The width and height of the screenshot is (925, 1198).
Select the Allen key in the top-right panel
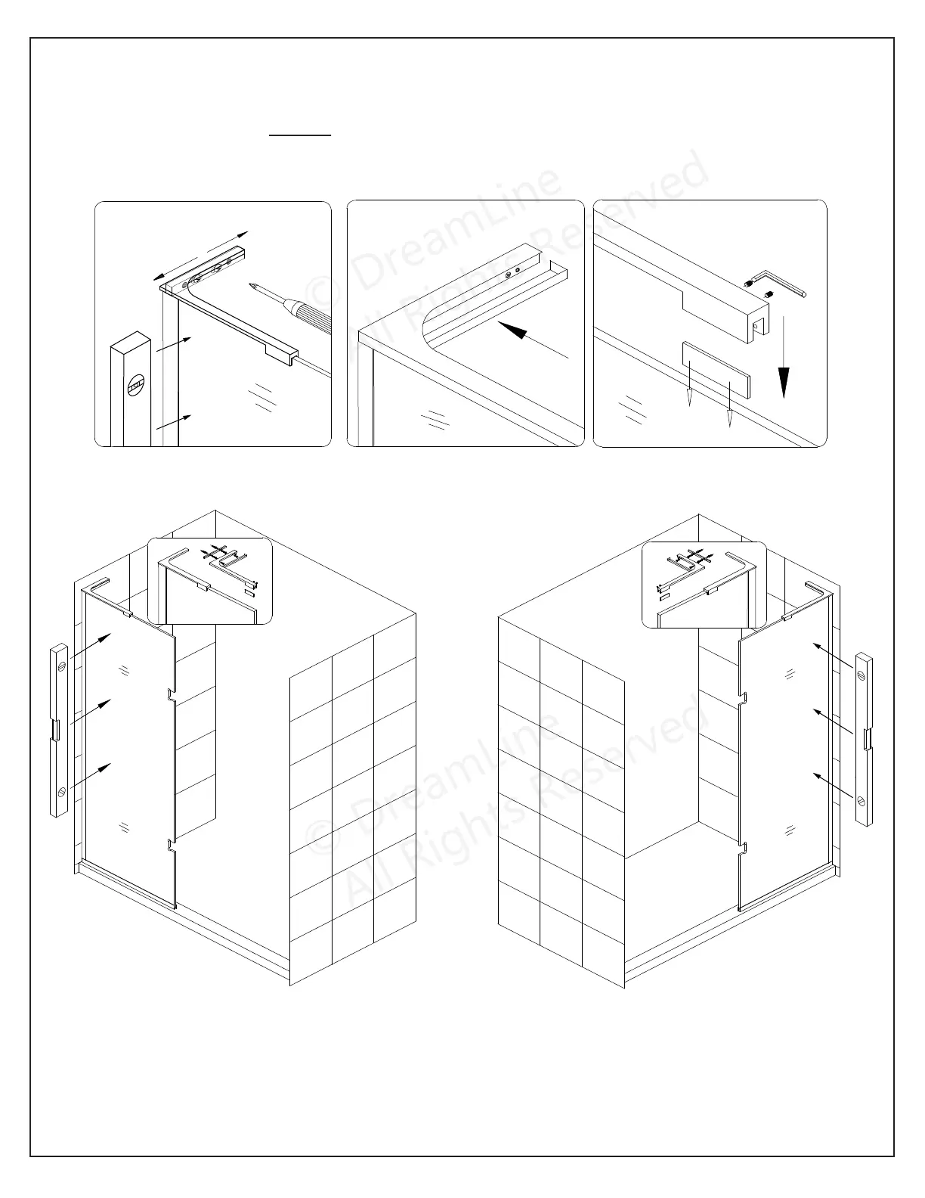click(786, 286)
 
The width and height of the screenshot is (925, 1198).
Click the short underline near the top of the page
click(301, 135)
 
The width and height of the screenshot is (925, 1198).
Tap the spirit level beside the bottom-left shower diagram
click(60, 730)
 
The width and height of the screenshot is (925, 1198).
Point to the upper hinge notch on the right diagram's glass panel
click(742, 699)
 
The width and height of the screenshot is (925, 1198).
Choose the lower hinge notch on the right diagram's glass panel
click(742, 847)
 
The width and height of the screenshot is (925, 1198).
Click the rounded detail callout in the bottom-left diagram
click(209, 580)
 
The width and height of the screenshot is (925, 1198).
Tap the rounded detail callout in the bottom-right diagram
click(704, 585)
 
